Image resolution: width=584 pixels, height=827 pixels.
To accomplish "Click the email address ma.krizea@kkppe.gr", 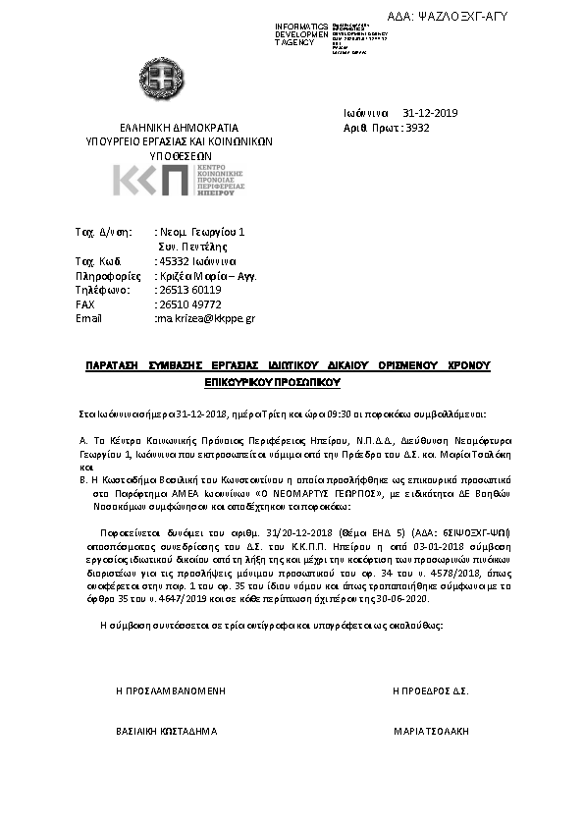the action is tap(206, 318).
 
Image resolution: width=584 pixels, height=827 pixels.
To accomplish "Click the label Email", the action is tap(88, 318).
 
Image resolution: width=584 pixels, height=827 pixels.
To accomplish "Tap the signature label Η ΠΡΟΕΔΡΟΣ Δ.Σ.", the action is tap(430, 691).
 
